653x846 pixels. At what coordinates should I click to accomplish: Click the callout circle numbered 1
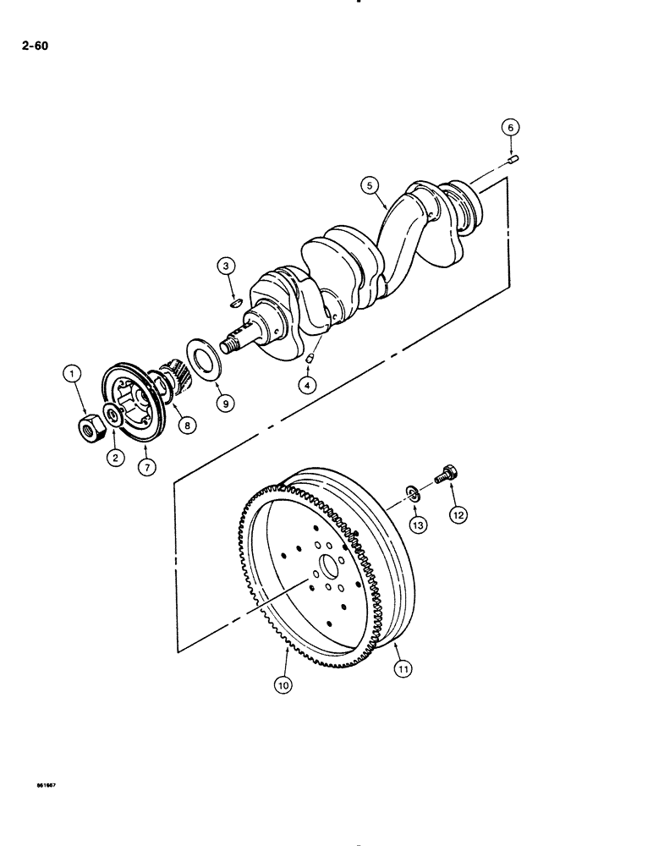(x=74, y=373)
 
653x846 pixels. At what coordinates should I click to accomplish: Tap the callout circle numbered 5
(x=368, y=184)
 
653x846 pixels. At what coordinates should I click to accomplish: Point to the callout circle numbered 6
(x=509, y=127)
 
